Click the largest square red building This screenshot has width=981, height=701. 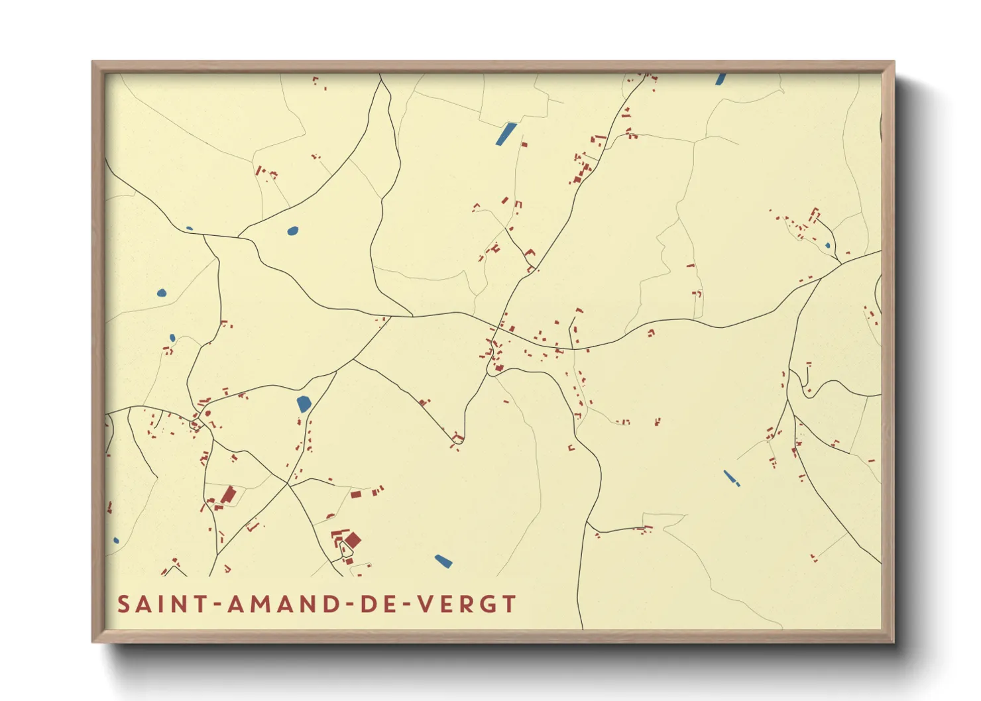pyautogui.click(x=353, y=541)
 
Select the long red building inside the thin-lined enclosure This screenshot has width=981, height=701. pyautogui.click(x=228, y=495)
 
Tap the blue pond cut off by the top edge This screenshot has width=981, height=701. pyautogui.click(x=721, y=79)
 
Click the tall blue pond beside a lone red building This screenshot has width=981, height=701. pyautogui.click(x=506, y=133)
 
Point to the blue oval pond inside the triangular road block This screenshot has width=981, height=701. pyautogui.click(x=292, y=231)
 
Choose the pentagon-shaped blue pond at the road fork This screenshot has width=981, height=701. pyautogui.click(x=304, y=404)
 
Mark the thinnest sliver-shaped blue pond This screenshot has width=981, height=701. pyautogui.click(x=731, y=478)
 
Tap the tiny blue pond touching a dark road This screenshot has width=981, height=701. pyautogui.click(x=190, y=229)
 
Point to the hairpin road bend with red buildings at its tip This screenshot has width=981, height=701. pyautogui.click(x=457, y=439)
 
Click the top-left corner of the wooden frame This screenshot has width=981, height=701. pyautogui.click(x=93, y=62)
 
